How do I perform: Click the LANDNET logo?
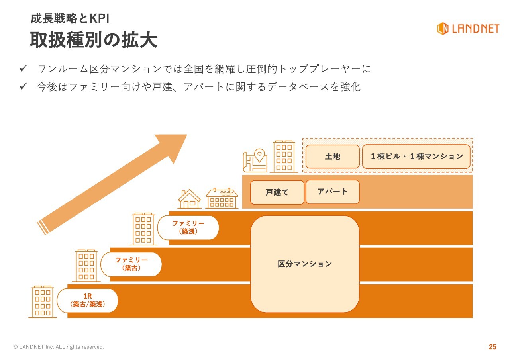[468, 29]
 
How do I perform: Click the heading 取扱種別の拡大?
[94, 40]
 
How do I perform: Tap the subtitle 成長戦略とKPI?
[70, 18]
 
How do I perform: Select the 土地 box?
[332, 157]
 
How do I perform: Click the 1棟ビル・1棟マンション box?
[416, 157]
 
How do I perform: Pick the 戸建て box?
[277, 192]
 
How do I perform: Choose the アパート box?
[332, 192]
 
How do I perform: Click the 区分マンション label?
[305, 264]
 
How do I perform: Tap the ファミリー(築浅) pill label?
[188, 227]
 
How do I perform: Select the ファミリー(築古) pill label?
[131, 264]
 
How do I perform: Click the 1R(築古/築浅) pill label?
[87, 300]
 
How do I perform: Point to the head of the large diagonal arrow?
[187, 135]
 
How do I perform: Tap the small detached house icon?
[189, 199]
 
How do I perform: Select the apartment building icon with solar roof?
[222, 198]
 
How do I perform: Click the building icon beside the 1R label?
[43, 302]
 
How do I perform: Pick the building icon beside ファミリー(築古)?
[86, 266]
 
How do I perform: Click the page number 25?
[492, 347]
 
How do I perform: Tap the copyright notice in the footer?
[59, 347]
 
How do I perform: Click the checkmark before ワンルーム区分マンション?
[23, 68]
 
